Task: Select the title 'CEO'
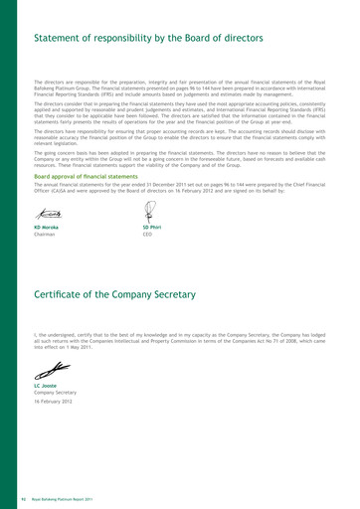147,236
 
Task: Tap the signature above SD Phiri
149,211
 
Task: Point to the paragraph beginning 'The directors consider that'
179,109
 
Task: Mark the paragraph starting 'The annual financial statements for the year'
179,189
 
